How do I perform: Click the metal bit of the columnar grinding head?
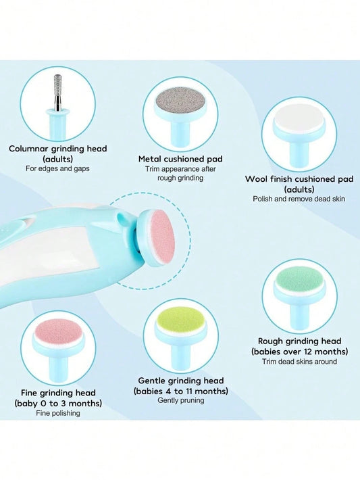click(57, 92)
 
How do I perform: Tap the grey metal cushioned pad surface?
click(180, 101)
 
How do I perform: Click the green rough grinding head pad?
click(300, 278)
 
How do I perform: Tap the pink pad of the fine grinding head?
click(58, 331)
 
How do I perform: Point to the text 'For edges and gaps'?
click(57, 168)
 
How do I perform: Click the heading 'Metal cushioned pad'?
click(180, 159)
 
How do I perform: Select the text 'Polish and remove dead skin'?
click(299, 199)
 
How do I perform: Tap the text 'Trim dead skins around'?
click(299, 362)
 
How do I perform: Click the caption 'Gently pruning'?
click(181, 400)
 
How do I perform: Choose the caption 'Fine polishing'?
click(58, 413)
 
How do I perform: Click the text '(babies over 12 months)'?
click(299, 351)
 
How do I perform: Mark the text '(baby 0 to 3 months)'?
click(58, 403)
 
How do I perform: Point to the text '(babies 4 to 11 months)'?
click(181, 391)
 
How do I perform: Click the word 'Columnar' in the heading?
click(28, 149)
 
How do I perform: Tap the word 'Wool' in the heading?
click(256, 179)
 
